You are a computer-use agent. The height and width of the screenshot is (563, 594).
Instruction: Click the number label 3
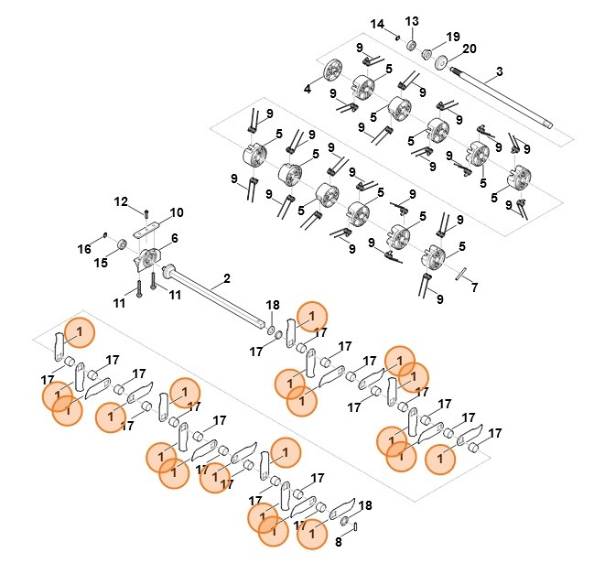pos(499,71)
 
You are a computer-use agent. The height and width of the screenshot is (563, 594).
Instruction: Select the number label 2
pos(227,277)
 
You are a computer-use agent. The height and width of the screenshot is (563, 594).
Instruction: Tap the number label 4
pos(308,90)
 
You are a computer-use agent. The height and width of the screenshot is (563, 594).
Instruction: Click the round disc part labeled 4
pos(331,70)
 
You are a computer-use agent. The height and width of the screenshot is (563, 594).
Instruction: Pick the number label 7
pos(473,287)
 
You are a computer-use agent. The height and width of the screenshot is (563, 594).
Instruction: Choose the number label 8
pos(338,541)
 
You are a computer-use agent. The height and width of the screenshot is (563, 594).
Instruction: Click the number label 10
pos(176,212)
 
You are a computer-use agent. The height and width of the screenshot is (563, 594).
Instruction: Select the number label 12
pos(121,200)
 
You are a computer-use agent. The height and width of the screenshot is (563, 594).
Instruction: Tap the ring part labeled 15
pos(120,244)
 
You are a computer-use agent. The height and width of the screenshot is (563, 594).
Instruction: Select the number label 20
pos(470,49)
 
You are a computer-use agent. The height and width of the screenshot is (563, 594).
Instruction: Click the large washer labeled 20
pos(442,61)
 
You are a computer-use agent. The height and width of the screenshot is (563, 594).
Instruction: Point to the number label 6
pos(174,238)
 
